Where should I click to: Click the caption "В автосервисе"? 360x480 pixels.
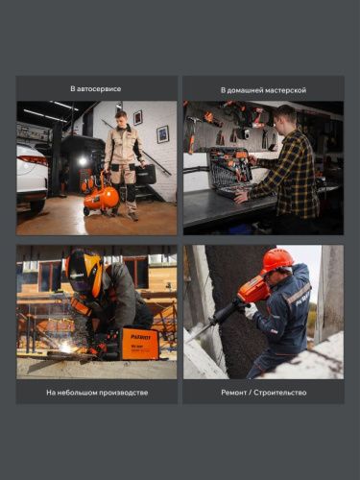click(96, 89)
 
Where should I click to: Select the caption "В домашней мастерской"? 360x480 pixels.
click(263, 89)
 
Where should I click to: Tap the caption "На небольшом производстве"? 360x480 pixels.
click(96, 392)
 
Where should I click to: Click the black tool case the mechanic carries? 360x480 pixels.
click(145, 174)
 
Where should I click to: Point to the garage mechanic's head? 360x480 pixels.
click(120, 118)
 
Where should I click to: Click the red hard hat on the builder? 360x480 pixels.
click(277, 259)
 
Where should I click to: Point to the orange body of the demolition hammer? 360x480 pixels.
click(252, 290)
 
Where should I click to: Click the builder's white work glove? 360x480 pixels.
click(251, 311)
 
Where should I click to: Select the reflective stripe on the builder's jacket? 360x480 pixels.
click(298, 294)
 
